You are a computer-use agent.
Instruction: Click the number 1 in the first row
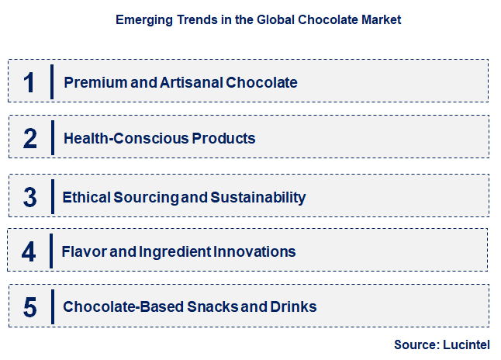(29, 82)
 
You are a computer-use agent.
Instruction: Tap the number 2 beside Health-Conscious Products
(30, 138)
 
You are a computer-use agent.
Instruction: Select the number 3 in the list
(30, 197)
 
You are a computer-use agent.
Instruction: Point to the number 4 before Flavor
(29, 251)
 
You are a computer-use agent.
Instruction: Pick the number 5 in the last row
(30, 307)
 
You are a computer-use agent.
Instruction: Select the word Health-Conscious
(126, 138)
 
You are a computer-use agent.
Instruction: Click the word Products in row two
(223, 138)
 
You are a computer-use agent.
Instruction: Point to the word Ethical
(86, 197)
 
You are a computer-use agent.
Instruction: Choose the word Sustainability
(258, 198)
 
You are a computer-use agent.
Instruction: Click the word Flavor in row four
(84, 251)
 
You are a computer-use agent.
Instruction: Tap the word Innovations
(254, 251)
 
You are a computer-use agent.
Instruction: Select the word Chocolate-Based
(123, 306)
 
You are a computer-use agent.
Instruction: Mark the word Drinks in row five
(293, 306)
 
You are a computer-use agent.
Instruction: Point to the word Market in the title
(382, 20)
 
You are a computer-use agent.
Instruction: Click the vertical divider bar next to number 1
(52, 81)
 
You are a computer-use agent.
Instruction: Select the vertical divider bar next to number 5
(53, 307)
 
